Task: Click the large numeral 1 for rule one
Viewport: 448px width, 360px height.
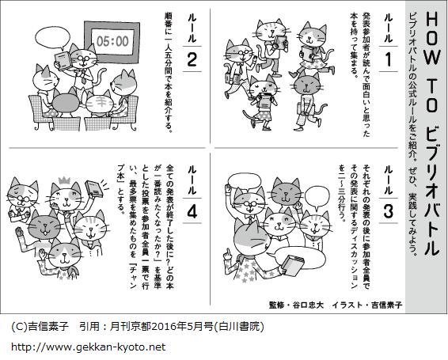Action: [389, 59]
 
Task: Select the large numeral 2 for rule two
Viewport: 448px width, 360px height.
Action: [192, 59]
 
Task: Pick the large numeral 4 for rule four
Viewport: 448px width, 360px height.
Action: [192, 212]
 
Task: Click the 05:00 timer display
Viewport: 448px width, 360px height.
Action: [112, 41]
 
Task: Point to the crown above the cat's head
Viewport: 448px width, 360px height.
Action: [65, 180]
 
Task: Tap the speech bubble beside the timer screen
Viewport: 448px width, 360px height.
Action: [52, 39]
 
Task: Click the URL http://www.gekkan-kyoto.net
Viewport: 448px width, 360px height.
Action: [89, 347]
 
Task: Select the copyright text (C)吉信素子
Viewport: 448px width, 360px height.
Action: [40, 326]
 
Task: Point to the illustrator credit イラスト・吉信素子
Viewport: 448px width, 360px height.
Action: [367, 305]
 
